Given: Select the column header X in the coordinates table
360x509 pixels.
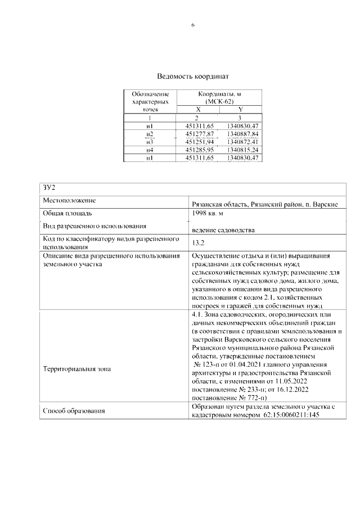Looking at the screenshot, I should point(197,110).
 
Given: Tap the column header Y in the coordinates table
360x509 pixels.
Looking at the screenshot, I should point(240,110).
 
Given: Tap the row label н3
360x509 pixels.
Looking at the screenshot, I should point(150,142).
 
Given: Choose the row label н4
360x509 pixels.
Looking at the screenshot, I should point(150,151).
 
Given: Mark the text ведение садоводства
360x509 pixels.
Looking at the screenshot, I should point(223,231).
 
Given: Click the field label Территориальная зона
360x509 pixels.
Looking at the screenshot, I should point(77,369).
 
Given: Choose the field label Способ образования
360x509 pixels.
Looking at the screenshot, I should point(74,411).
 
